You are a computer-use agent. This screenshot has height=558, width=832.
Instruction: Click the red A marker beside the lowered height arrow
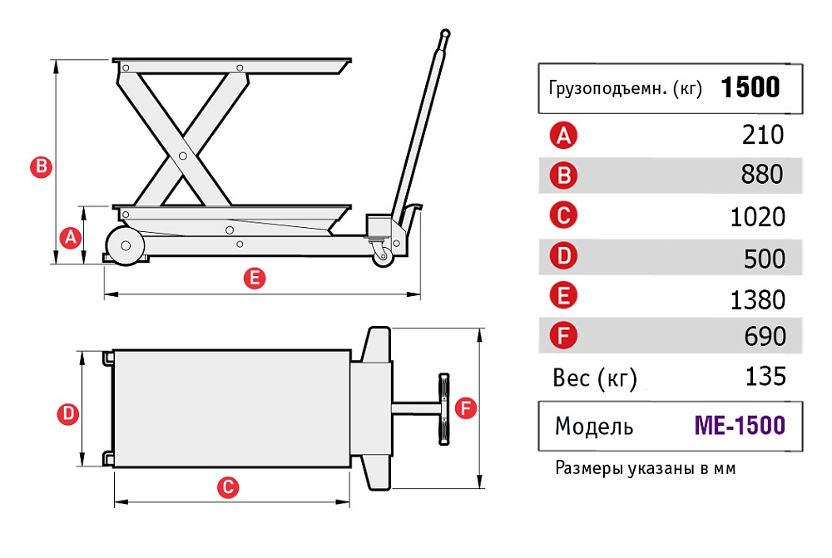(71, 238)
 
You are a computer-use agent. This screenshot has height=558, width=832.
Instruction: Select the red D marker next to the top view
(66, 413)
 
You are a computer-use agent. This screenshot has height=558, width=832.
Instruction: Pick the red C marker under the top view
(228, 487)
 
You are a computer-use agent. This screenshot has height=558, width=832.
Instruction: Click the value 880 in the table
(762, 175)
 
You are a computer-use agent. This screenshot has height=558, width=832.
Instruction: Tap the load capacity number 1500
(750, 87)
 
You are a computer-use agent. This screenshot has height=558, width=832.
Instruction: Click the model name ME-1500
(739, 426)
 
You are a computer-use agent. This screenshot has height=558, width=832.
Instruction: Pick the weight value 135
(765, 377)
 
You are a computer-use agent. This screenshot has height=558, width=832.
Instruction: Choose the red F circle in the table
(564, 337)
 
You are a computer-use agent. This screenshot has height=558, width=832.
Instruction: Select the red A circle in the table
(564, 134)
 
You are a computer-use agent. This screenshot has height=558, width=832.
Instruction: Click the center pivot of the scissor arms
(182, 154)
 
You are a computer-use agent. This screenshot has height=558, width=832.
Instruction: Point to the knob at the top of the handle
(445, 35)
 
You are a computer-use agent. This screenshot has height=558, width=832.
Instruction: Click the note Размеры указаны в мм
(645, 468)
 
